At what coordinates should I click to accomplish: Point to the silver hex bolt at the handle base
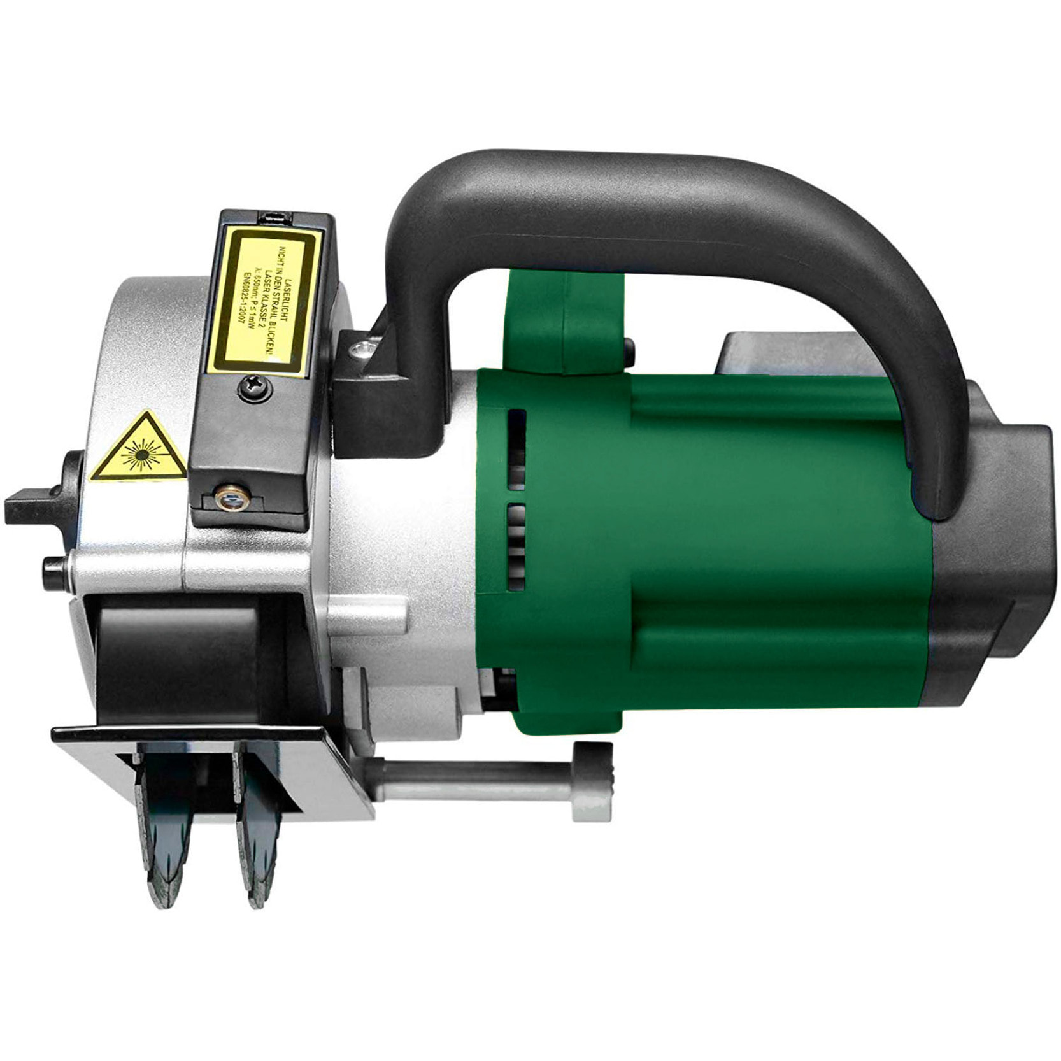point(364,348)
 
